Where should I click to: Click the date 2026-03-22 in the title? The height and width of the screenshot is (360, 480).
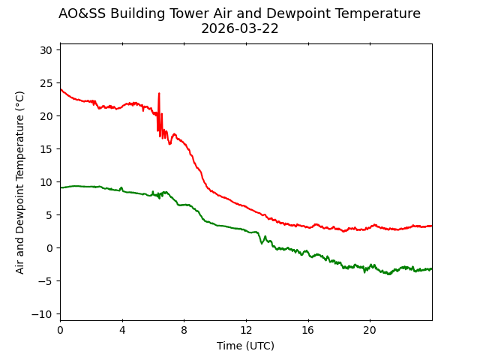pyautogui.click(x=239, y=28)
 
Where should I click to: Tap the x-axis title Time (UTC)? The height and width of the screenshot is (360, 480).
pyautogui.click(x=245, y=346)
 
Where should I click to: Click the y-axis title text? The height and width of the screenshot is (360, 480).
pyautogui.click(x=20, y=182)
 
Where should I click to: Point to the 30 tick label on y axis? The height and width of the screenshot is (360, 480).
pyautogui.click(x=46, y=50)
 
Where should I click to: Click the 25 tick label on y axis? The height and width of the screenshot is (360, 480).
pyautogui.click(x=46, y=83)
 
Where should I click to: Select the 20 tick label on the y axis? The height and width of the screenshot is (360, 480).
pyautogui.click(x=46, y=116)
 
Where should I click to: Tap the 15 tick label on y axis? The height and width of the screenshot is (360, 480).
pyautogui.click(x=46, y=149)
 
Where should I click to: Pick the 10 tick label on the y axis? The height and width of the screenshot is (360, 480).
pyautogui.click(x=46, y=182)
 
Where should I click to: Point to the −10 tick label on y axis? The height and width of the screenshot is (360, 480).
pyautogui.click(x=43, y=314)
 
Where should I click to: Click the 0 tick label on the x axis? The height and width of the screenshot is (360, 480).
pyautogui.click(x=60, y=331)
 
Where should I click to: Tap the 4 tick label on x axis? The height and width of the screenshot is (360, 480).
pyautogui.click(x=122, y=331)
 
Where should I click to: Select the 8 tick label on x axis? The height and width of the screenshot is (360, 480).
pyautogui.click(x=184, y=331)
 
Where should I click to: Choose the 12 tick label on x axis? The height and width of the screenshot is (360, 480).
pyautogui.click(x=246, y=331)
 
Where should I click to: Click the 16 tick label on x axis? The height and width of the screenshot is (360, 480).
pyautogui.click(x=307, y=331)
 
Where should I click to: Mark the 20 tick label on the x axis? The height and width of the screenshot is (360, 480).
pyautogui.click(x=370, y=331)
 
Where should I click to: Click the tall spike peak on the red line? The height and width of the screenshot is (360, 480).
pyautogui.click(x=159, y=94)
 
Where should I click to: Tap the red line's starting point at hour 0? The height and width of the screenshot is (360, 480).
pyautogui.click(x=61, y=89)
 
